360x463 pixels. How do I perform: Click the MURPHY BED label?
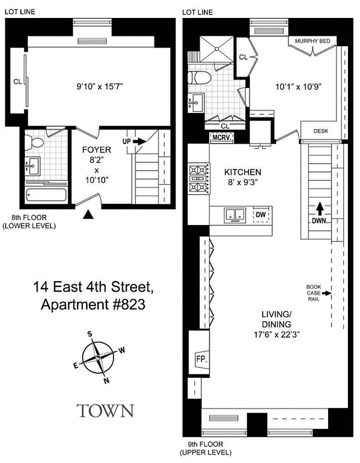click(312, 41)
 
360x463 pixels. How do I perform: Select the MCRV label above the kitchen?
click(221, 138)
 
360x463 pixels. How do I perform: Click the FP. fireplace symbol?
click(201, 358)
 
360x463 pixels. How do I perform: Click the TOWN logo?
click(105, 410)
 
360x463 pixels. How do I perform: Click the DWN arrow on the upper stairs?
click(318, 212)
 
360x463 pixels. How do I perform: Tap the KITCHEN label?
click(242, 172)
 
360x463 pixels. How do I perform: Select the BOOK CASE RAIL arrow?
click(328, 293)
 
